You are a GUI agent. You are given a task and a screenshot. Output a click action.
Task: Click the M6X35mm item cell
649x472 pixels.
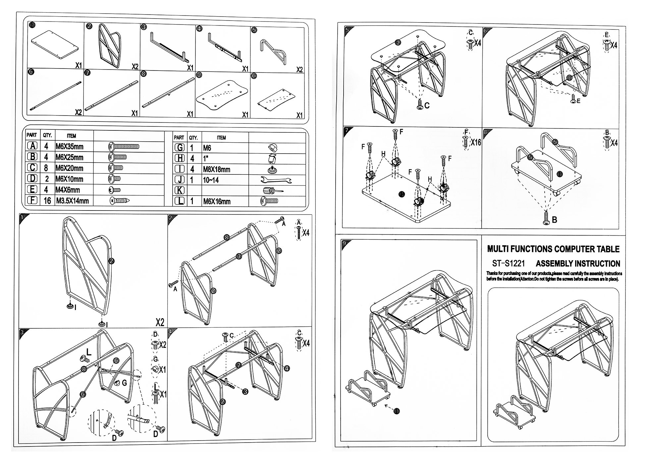tap(69, 146)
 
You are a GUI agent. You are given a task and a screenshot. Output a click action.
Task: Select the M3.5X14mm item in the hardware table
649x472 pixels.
tap(73, 201)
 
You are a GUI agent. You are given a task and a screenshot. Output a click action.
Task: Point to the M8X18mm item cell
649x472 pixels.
tap(216, 169)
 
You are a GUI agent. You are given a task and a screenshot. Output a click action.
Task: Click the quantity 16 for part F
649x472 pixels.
tap(47, 201)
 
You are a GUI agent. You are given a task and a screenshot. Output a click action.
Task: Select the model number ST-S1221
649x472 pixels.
tap(508, 263)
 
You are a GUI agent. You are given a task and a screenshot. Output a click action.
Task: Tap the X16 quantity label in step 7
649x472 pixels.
tap(475, 142)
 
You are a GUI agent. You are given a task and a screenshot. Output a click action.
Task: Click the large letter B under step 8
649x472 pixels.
tap(554, 219)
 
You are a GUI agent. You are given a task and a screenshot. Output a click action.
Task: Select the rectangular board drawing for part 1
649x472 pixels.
tap(55, 45)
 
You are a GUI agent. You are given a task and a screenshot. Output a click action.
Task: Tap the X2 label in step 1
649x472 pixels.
tap(160, 322)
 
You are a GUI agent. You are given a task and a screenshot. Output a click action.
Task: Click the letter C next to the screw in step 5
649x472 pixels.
tap(427, 106)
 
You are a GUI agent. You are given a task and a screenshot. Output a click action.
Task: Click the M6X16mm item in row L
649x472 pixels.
tap(217, 201)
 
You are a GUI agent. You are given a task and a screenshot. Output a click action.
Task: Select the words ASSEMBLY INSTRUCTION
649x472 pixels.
tap(578, 264)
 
